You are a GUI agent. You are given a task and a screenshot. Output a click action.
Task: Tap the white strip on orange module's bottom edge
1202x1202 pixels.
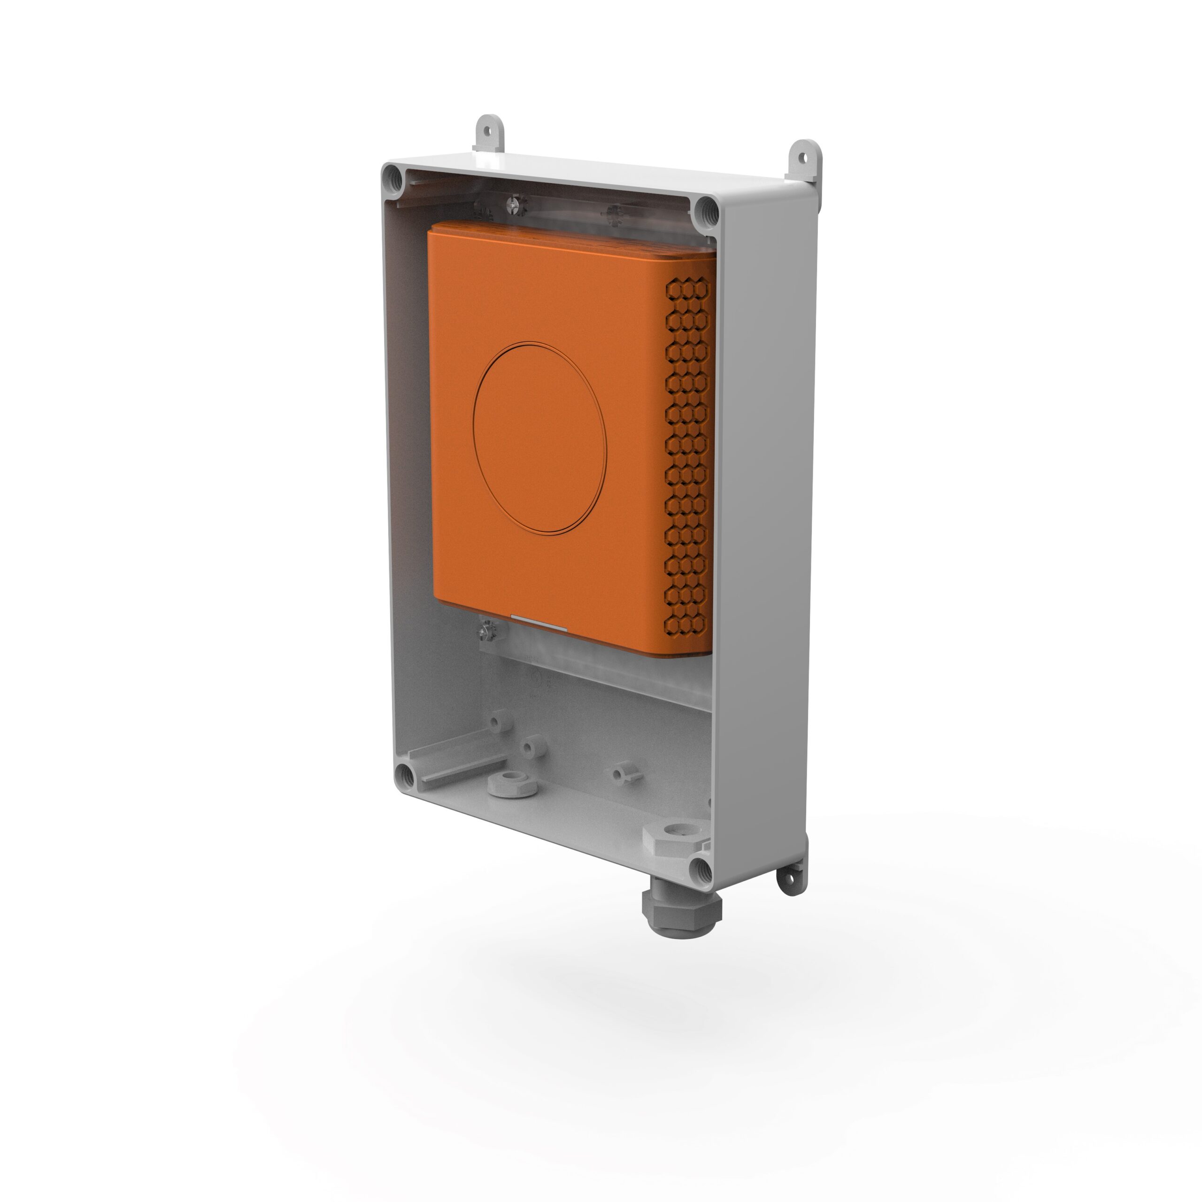(538, 628)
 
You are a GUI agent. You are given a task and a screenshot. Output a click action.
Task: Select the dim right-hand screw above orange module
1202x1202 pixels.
(615, 212)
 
